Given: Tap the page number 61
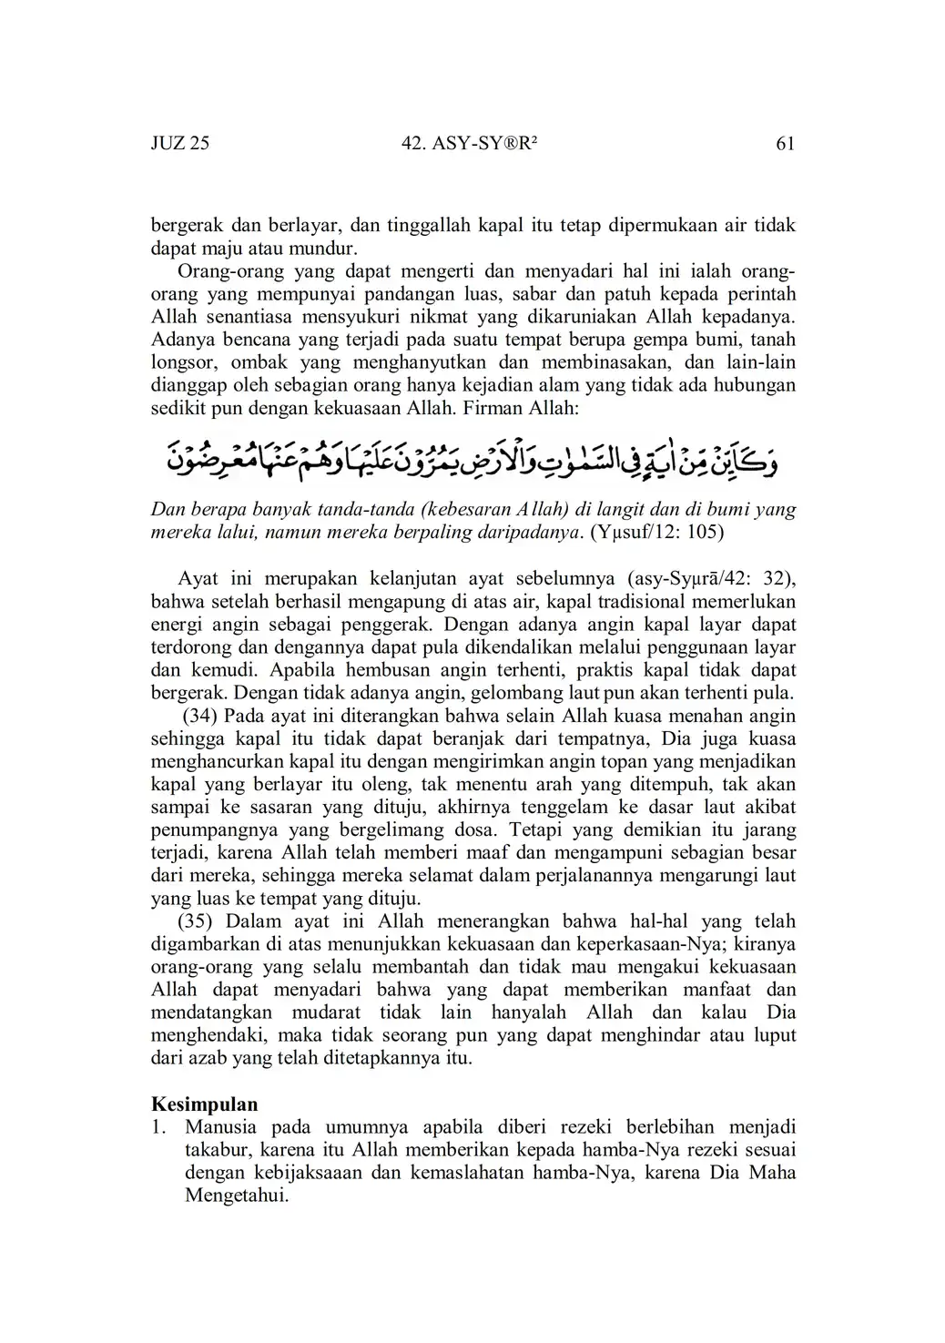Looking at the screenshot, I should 786,143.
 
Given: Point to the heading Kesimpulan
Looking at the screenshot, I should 204,1104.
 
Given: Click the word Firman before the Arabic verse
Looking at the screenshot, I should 493,408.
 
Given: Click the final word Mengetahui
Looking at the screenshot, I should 236,1195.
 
